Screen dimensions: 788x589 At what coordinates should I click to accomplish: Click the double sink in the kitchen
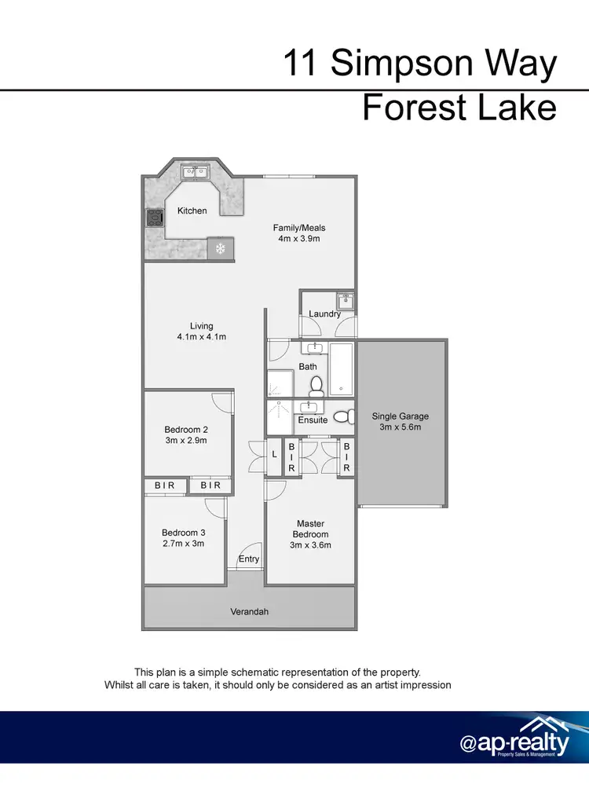(193, 170)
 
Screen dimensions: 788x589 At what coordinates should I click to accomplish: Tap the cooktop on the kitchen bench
(152, 218)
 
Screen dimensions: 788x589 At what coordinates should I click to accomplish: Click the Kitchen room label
(192, 211)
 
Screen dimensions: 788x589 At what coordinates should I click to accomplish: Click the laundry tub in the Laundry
(344, 301)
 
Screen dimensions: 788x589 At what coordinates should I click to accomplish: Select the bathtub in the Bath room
(342, 368)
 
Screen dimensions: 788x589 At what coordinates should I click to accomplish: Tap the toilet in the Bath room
(316, 386)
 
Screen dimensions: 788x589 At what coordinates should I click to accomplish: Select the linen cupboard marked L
(274, 455)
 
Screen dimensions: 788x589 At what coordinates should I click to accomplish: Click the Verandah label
(249, 610)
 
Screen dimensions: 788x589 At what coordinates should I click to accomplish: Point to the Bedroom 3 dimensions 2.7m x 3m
(183, 543)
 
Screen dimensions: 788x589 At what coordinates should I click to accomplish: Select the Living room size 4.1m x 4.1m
(201, 337)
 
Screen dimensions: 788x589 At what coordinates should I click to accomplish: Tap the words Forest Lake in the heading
(459, 108)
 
